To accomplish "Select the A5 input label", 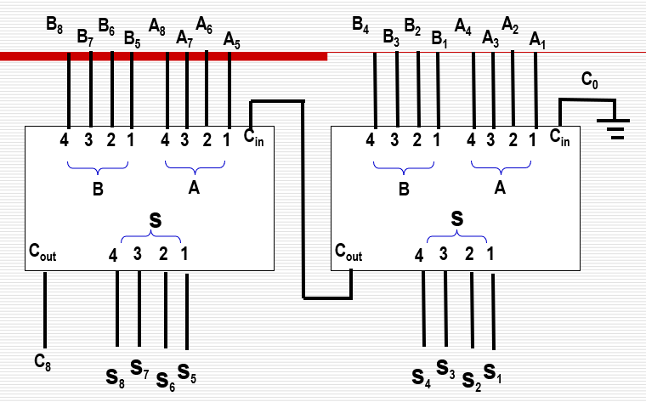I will (x=231, y=39).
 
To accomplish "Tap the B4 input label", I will (x=360, y=25).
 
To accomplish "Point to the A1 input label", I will (x=537, y=39).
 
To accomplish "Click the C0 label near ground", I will (x=589, y=81).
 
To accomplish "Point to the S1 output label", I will (x=492, y=371).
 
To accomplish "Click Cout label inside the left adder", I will (x=42, y=252).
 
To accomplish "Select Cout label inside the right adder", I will (x=348, y=252).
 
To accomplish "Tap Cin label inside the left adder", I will (x=253, y=138).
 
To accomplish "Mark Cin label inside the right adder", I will (x=560, y=138).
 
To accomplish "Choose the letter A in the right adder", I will (x=500, y=189).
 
